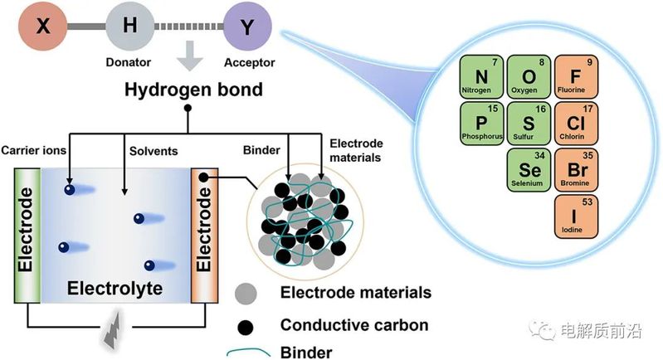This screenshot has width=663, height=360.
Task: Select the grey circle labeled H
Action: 129,28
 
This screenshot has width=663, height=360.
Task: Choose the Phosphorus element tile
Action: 482,122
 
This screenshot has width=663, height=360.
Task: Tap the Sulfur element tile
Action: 529,122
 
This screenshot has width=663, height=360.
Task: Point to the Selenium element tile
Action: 529,169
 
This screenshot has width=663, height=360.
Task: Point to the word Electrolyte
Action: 115,289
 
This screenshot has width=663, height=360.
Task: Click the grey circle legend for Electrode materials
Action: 245,294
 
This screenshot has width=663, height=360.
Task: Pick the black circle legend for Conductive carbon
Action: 245,325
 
